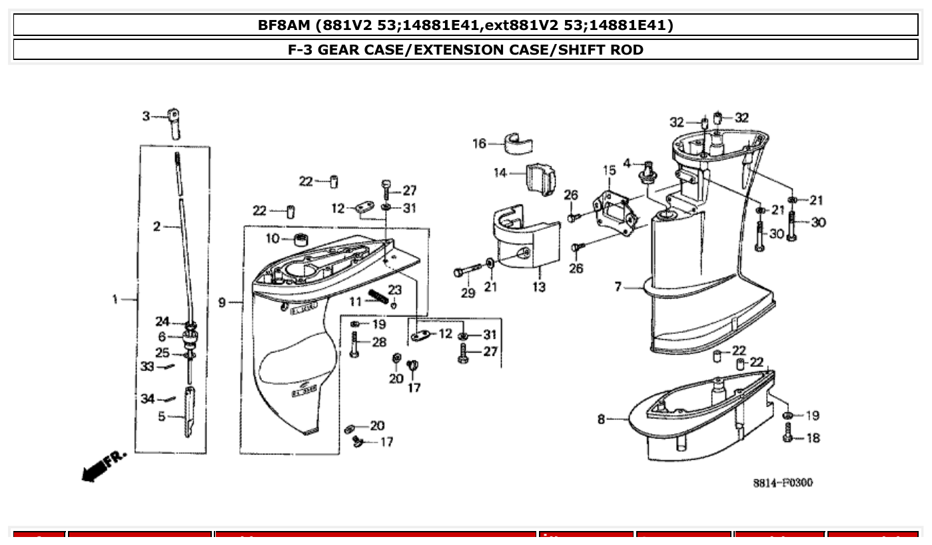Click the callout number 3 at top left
tap(145, 117)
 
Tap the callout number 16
tap(480, 143)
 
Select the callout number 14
tap(500, 173)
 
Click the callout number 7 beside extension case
tap(618, 286)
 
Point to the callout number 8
tap(601, 419)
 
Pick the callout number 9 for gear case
tap(222, 303)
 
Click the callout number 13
tap(538, 287)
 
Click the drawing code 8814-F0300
tap(783, 483)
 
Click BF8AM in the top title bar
tap(284, 25)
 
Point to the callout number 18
tap(813, 438)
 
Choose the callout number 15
tap(609, 171)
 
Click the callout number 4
tap(627, 163)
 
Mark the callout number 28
tap(379, 342)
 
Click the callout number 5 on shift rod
tap(162, 416)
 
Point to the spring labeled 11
tap(377, 295)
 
